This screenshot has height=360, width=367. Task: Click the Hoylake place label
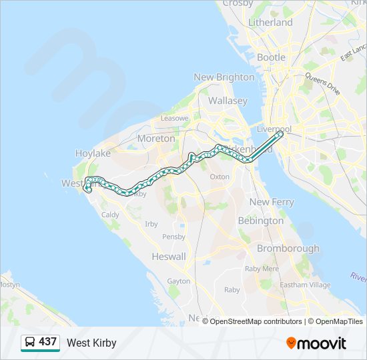[x=93, y=153]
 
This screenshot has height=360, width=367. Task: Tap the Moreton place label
[x=155, y=139]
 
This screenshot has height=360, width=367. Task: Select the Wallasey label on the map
[x=228, y=101]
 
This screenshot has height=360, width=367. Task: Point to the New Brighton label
[x=224, y=77]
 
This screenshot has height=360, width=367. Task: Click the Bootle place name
[x=271, y=58]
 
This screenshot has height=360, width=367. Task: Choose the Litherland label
[x=270, y=23]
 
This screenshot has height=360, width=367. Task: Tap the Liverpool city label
[x=274, y=129]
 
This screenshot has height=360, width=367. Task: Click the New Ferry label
[x=272, y=202]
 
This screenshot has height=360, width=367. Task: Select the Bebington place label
[x=261, y=221]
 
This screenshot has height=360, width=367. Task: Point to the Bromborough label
[x=288, y=249]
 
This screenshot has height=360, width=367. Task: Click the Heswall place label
[x=169, y=257]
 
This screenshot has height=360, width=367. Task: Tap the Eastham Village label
[x=306, y=285]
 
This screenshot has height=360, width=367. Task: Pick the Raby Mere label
[x=262, y=269]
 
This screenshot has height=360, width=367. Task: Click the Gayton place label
[x=179, y=281]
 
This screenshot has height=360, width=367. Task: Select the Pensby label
[x=173, y=236]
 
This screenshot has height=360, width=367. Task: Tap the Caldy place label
[x=110, y=215]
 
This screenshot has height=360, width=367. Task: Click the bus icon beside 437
[x=30, y=343]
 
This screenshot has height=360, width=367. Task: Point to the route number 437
[x=48, y=342]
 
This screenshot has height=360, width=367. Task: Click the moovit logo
[x=316, y=343]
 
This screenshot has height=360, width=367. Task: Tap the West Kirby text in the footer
[x=91, y=343]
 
